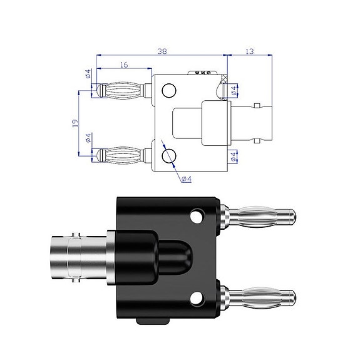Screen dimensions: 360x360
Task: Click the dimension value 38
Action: coord(162,53)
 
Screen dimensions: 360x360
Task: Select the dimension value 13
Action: coord(249,53)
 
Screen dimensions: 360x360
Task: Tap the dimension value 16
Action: coord(123,64)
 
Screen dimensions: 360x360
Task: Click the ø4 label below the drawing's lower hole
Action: coord(186,179)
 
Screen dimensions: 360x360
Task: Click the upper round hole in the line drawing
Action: coord(169,91)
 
